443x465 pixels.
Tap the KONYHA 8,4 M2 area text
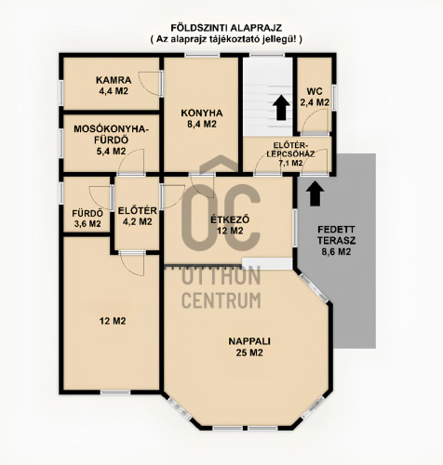[x=202, y=118]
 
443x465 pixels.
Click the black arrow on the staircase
[x=281, y=108]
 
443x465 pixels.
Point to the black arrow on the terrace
[x=315, y=193]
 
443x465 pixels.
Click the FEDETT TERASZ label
[x=337, y=241]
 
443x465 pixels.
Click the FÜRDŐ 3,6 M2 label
[x=87, y=219]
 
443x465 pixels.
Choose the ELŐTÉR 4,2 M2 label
[x=138, y=216]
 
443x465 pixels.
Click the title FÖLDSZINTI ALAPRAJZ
[x=226, y=28]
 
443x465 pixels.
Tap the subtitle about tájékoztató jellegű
[x=226, y=39]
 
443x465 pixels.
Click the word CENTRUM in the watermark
[x=221, y=299]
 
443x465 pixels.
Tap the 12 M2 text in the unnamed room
[x=113, y=321]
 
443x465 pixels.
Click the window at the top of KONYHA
[x=202, y=55]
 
